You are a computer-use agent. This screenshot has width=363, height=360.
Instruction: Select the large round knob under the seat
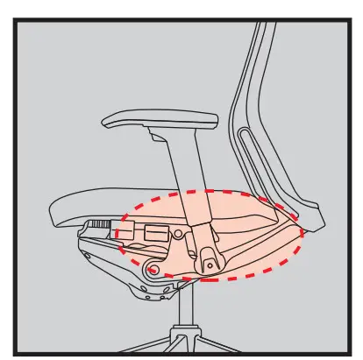click(x=155, y=269)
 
